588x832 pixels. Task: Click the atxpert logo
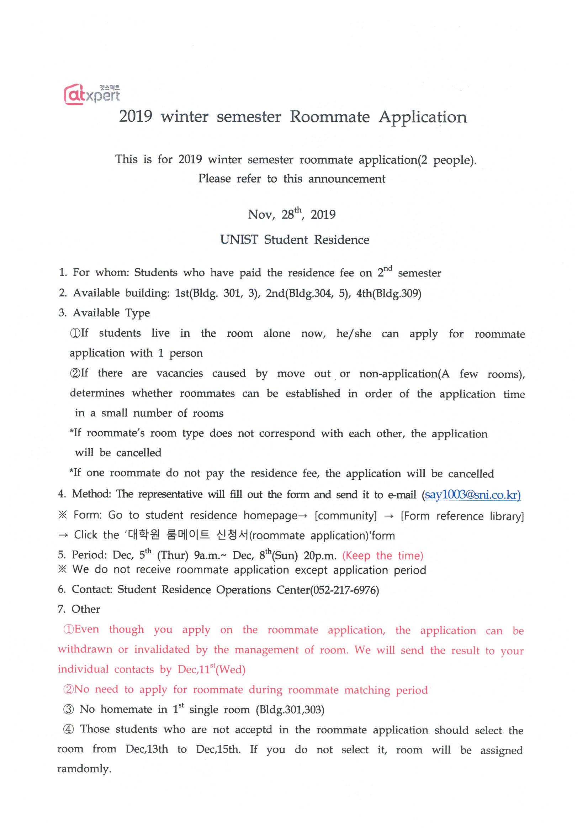click(x=91, y=94)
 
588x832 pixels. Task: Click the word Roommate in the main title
click(x=329, y=117)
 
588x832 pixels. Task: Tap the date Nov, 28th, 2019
click(x=291, y=214)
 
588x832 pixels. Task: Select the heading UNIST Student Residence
click(x=295, y=240)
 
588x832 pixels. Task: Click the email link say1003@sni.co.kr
click(x=472, y=495)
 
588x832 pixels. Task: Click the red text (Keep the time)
click(x=383, y=555)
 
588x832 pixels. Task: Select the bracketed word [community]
click(x=346, y=516)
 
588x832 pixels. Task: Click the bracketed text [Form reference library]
click(x=462, y=516)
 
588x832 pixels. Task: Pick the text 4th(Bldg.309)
click(x=389, y=293)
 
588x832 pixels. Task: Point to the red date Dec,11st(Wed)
click(x=212, y=669)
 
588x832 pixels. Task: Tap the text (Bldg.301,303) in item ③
click(x=290, y=710)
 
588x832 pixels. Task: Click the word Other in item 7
click(x=85, y=610)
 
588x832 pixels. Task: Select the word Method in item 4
click(x=91, y=494)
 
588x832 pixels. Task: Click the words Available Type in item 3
click(x=111, y=313)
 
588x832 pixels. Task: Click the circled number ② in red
click(x=68, y=689)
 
